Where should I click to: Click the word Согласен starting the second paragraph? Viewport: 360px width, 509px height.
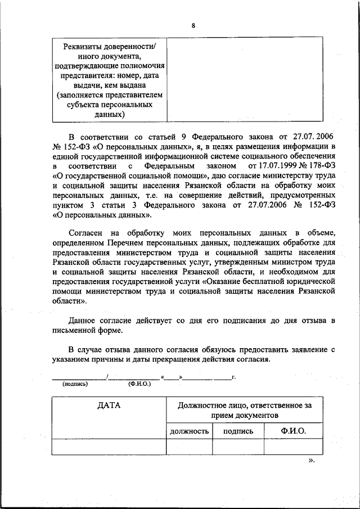pos(85,233)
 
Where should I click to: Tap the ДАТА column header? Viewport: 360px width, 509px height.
pos(109,405)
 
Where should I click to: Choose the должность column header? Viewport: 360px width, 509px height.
pos(189,431)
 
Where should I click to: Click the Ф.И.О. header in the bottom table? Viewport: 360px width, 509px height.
pos(293,431)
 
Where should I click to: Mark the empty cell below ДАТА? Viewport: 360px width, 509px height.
pos(109,447)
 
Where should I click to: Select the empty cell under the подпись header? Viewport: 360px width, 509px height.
pos(238,447)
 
